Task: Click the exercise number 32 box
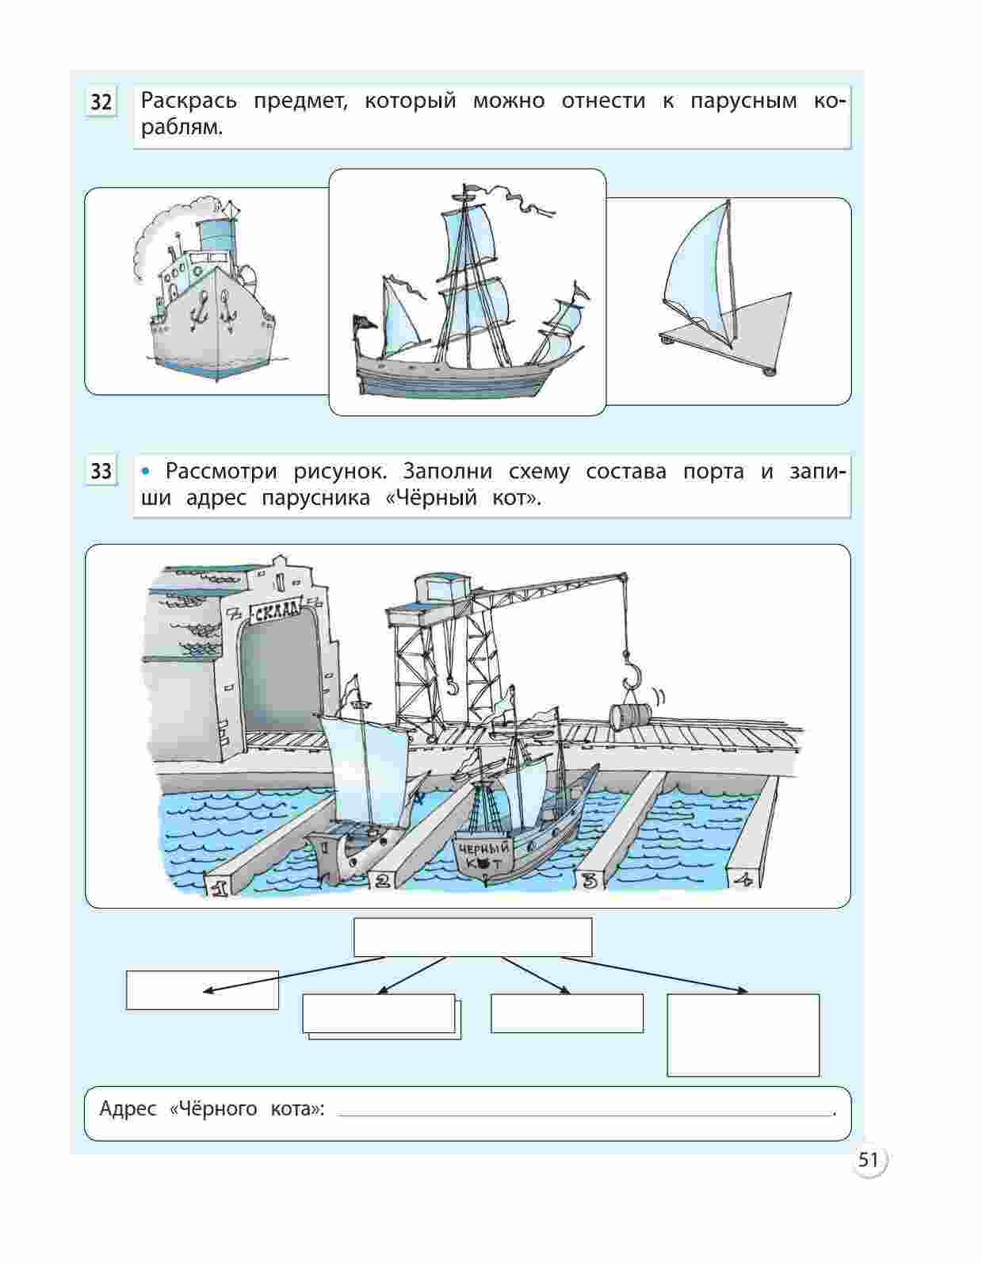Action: (x=101, y=103)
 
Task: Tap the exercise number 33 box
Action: (x=101, y=472)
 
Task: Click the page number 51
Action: (x=868, y=1161)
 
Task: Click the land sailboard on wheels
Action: (x=725, y=289)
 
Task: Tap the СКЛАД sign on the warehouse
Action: (x=275, y=609)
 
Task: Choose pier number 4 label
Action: (x=743, y=879)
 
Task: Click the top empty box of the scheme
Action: (x=472, y=938)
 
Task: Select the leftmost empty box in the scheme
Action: (x=202, y=989)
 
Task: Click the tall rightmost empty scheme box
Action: (x=743, y=1035)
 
